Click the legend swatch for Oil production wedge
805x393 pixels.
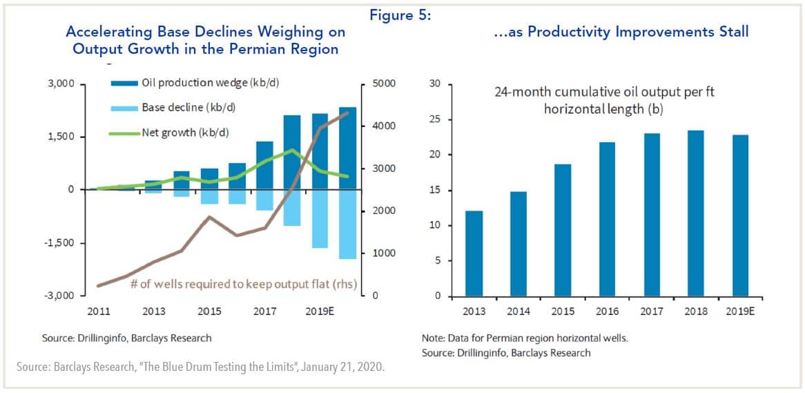pos(124,83)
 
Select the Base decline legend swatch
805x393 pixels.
pos(124,108)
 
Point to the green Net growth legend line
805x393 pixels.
pos(124,132)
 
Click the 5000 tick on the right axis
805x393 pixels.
pos(383,84)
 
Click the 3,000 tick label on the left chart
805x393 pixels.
pos(62,84)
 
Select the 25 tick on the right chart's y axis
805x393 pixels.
pos(434,119)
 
